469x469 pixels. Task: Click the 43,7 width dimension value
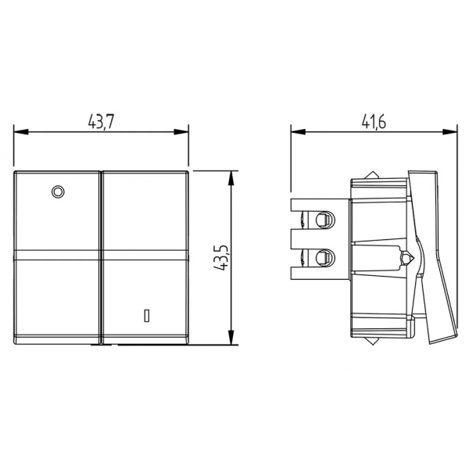tap(101, 122)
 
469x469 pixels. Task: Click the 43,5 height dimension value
tap(221, 257)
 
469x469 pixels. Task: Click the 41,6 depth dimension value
tap(374, 122)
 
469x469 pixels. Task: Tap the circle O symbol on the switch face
tap(58, 192)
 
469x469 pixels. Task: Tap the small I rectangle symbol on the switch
tap(147, 316)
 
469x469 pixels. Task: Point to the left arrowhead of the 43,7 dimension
tap(21, 131)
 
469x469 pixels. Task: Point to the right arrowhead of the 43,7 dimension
tap(181, 131)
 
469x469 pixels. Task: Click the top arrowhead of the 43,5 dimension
tap(231, 178)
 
